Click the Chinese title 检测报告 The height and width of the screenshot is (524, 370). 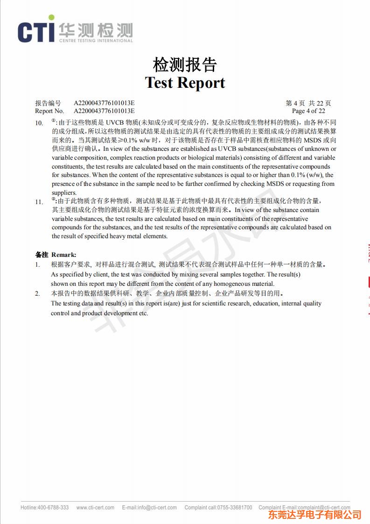[x=185, y=65]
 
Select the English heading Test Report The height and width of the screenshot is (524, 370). [x=185, y=83]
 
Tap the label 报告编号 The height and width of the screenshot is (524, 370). [x=48, y=103]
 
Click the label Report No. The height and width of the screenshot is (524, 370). [x=49, y=111]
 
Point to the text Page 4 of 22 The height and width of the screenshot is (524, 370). [x=308, y=111]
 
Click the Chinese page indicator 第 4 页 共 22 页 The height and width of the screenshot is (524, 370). [x=308, y=103]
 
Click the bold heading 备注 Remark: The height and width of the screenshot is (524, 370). [x=56, y=255]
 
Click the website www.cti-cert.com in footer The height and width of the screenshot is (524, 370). [x=95, y=508]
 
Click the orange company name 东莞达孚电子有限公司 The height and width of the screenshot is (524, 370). [x=314, y=515]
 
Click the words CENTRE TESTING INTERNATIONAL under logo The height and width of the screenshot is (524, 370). [x=96, y=41]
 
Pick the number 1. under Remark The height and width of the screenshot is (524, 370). [x=37, y=264]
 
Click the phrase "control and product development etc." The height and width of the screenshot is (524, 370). [x=99, y=313]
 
